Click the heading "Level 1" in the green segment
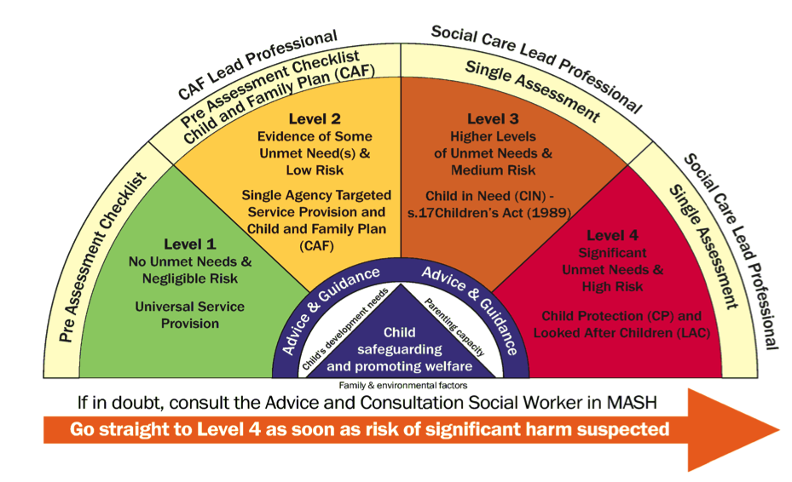pyautogui.click(x=190, y=244)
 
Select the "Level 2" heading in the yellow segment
pyautogui.click(x=315, y=119)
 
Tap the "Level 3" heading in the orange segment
pyautogui.click(x=493, y=119)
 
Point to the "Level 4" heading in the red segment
pyautogui.click(x=611, y=236)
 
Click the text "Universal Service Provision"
pyautogui.click(x=190, y=314)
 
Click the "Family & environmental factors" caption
pyautogui.click(x=399, y=384)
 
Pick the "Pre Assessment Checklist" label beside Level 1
pyautogui.click(x=99, y=255)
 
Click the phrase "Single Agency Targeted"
pyautogui.click(x=316, y=195)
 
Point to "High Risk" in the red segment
pyautogui.click(x=613, y=287)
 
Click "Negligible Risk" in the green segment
pyautogui.click(x=190, y=278)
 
